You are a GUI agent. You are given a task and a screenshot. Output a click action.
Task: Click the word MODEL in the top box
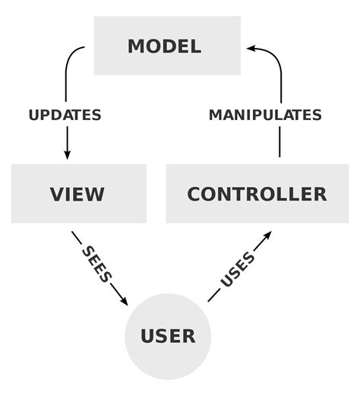[x=164, y=46]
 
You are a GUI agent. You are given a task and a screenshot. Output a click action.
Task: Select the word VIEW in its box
[x=77, y=194]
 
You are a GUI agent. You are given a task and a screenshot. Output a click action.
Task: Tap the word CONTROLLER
[x=257, y=194]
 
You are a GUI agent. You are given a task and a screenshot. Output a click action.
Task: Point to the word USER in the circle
[x=167, y=335]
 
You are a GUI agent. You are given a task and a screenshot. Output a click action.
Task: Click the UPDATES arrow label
[x=65, y=116]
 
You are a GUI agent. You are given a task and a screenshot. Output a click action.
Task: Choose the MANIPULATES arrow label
[x=265, y=116]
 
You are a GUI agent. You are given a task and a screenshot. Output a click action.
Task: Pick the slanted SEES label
[x=96, y=264]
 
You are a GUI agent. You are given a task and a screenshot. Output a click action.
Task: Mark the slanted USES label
[x=238, y=270]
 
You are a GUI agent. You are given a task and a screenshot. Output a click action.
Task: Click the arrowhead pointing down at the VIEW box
[x=67, y=154]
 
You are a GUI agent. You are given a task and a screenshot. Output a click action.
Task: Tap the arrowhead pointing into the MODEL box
[x=251, y=48]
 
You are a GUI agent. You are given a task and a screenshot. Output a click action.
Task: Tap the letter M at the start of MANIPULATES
[x=216, y=116]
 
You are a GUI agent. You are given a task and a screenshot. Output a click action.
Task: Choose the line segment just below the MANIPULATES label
[x=280, y=142]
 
